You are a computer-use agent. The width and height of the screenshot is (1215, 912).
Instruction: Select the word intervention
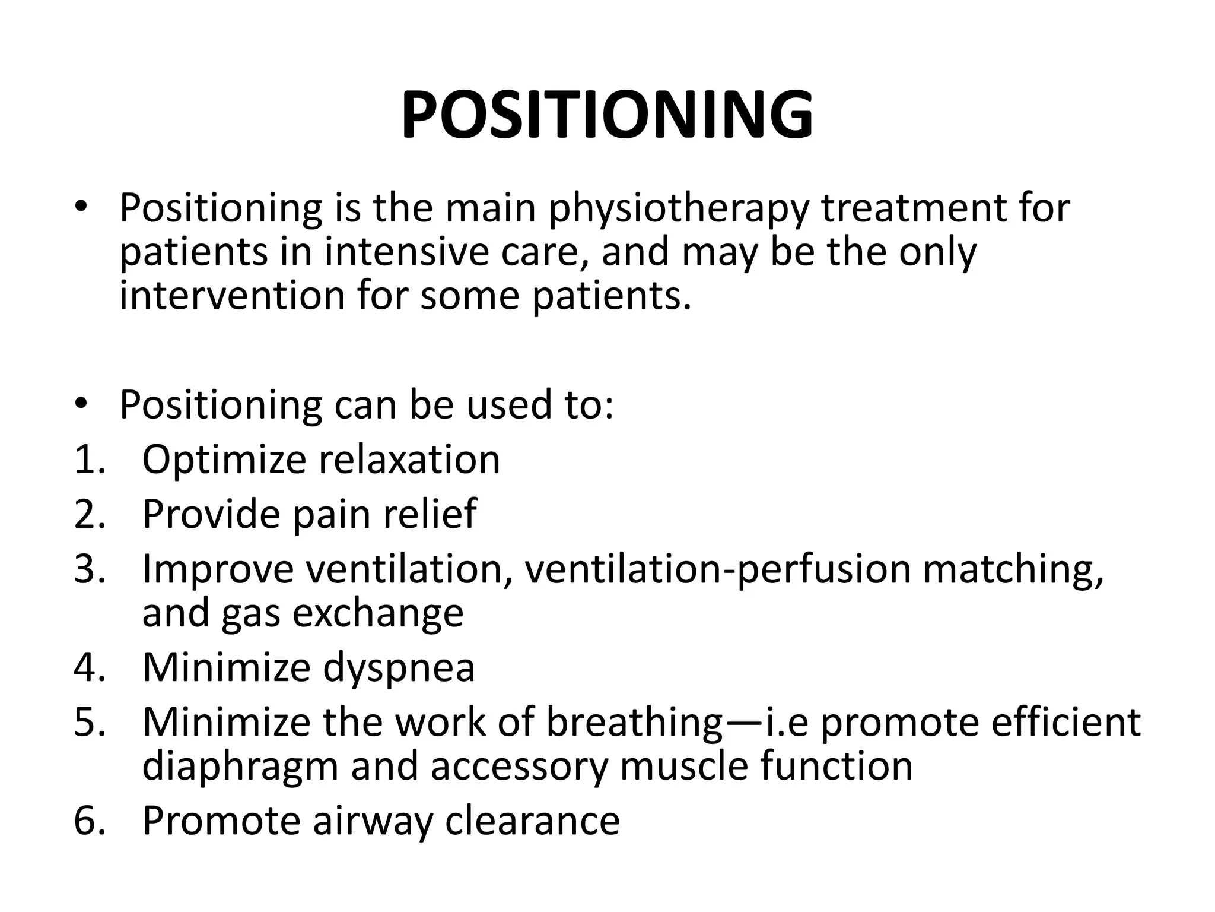(x=232, y=295)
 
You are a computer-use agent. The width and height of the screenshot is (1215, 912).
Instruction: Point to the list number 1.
(x=89, y=460)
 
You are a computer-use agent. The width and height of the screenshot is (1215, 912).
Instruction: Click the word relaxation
(x=409, y=460)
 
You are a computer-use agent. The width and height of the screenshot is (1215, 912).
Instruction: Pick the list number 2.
(x=89, y=514)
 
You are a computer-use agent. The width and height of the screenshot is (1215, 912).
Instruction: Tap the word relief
(x=430, y=514)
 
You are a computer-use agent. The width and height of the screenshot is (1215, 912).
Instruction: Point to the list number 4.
(x=89, y=667)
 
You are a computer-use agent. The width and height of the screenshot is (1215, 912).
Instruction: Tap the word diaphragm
(x=240, y=767)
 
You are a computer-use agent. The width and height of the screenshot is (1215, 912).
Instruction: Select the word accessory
(x=520, y=767)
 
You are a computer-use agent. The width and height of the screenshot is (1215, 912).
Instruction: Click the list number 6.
(x=89, y=821)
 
